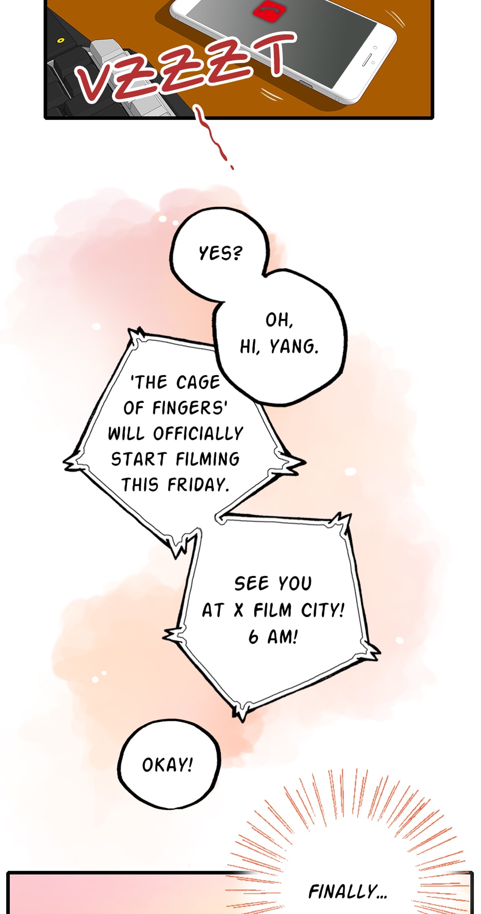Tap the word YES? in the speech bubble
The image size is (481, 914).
point(220,253)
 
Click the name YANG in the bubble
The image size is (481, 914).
point(294,346)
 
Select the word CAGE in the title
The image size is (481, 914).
point(198,382)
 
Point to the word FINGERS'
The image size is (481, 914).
point(190,408)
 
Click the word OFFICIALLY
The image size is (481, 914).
point(198,433)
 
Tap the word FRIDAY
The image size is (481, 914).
point(198,484)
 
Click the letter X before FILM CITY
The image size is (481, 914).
point(238,610)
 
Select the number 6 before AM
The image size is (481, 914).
point(254,637)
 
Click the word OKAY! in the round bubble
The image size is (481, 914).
point(167,765)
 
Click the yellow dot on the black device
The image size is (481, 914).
point(61,40)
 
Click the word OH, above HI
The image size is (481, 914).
point(279,320)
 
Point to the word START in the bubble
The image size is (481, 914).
point(139,459)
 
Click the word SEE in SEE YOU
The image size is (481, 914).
point(251,583)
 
